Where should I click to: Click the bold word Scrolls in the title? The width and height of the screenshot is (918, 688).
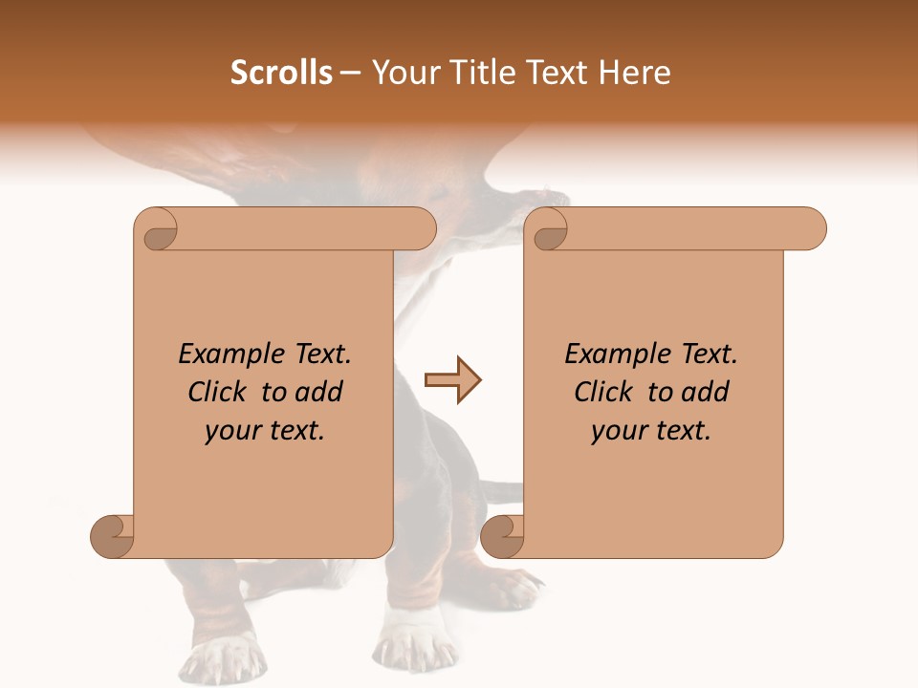click(x=281, y=73)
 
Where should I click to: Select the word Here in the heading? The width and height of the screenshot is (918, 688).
click(x=635, y=73)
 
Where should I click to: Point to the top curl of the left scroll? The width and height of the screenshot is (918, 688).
click(x=157, y=229)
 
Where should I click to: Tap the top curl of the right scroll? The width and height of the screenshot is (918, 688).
click(x=548, y=229)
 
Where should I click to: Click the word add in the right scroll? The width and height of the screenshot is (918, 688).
click(x=706, y=392)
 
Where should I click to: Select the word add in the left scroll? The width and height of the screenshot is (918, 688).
click(x=319, y=392)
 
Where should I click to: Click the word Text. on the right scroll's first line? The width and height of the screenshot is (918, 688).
click(x=709, y=355)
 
